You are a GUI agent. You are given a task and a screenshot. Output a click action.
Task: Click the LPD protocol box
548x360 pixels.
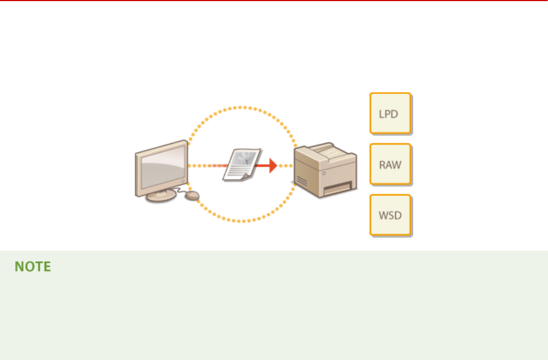pos(390,114)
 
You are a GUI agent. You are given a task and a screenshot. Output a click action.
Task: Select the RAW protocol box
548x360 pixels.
pos(390,164)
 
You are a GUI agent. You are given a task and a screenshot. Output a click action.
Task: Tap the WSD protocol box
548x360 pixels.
pos(390,215)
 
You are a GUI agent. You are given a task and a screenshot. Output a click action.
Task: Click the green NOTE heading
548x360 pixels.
pos(33,267)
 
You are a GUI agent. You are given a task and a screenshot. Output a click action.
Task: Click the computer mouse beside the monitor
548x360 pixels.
pos(192,195)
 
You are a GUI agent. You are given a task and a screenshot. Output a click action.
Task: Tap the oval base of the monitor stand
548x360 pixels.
pos(160,196)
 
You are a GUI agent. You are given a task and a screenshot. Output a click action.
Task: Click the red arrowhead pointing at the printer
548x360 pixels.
pos(272,164)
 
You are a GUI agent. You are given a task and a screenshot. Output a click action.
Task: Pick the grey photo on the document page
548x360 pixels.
pos(246,159)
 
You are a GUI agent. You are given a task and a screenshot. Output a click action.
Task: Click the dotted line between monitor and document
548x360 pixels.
pos(205,166)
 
